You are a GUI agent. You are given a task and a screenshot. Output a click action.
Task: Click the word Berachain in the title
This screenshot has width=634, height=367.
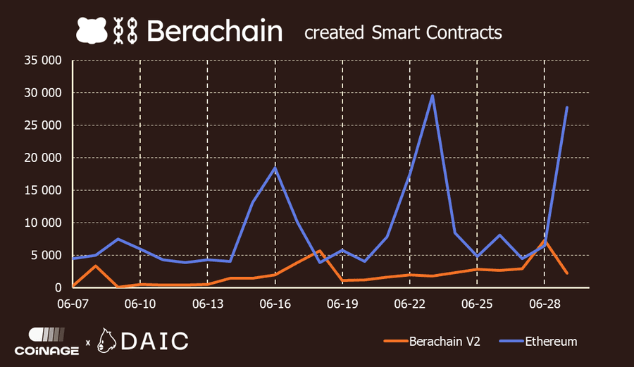215,31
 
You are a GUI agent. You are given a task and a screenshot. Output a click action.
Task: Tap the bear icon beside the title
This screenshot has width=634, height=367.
92,30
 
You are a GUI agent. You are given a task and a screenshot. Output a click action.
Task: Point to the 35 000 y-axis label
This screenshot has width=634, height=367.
43,61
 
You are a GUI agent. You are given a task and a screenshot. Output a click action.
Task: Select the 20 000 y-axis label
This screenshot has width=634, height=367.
43,158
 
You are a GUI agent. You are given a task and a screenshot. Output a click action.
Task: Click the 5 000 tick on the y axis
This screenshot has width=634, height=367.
48,255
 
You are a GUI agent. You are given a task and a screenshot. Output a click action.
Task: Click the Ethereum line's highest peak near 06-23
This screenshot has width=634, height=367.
432,96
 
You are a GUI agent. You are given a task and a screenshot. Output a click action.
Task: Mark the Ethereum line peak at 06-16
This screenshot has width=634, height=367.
275,168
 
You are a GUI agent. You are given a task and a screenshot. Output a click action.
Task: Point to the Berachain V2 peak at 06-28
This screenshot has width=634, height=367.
545,240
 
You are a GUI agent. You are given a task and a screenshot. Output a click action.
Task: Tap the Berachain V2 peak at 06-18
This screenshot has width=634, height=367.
320,251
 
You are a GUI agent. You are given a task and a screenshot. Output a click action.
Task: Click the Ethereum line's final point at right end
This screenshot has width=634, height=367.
567,107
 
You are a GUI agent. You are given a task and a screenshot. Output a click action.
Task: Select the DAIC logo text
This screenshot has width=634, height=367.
155,341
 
